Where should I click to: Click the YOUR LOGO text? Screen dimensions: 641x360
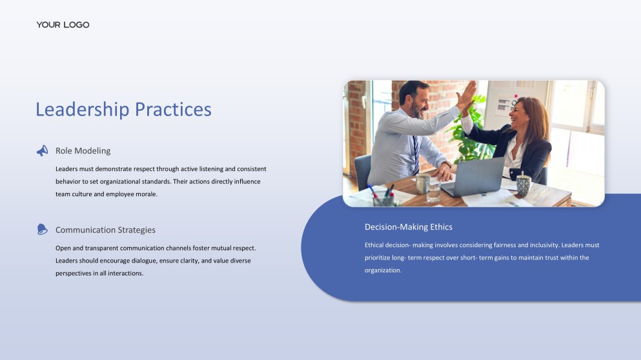pos(63,25)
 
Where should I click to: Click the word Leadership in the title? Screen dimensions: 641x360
pos(82,110)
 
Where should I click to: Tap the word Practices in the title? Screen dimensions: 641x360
pos(173,109)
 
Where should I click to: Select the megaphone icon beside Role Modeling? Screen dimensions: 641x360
pos(42,151)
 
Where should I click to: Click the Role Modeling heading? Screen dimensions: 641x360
pos(83,151)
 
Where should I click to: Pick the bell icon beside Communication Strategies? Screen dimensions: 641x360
pos(42,229)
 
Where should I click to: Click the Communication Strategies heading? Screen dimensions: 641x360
pos(105,230)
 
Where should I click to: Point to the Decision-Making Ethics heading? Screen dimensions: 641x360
pos(409,227)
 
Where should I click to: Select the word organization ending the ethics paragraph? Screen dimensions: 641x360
pos(383,270)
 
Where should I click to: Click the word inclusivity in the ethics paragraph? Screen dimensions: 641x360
pos(545,245)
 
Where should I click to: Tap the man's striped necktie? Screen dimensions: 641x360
pos(416,154)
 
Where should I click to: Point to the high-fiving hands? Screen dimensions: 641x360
pos(467,95)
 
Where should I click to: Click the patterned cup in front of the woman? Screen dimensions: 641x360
pos(524,185)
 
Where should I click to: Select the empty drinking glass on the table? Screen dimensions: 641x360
pos(433,192)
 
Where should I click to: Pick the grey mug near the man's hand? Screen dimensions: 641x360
pos(422,183)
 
